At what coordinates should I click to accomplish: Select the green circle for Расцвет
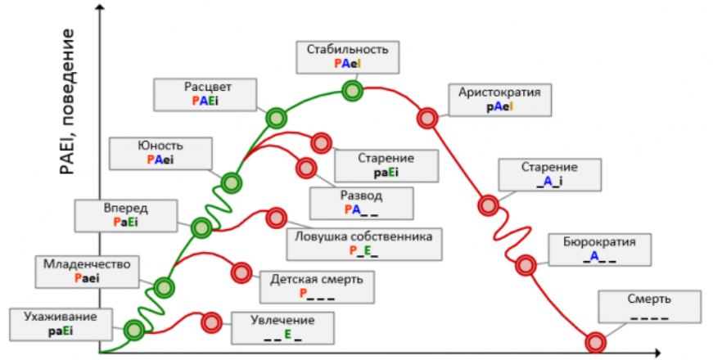(276, 118)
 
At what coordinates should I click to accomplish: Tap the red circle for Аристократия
(427, 118)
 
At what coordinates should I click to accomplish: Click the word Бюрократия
(600, 243)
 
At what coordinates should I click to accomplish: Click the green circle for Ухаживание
(134, 330)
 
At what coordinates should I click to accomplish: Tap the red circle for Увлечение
(211, 322)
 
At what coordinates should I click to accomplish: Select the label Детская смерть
(316, 286)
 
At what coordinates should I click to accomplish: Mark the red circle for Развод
(307, 169)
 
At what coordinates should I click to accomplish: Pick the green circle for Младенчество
(165, 287)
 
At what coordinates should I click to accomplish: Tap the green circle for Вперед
(201, 228)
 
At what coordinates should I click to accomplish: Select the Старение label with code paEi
(386, 164)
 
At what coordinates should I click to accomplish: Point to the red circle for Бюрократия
(525, 264)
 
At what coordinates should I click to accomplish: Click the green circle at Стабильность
(352, 90)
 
